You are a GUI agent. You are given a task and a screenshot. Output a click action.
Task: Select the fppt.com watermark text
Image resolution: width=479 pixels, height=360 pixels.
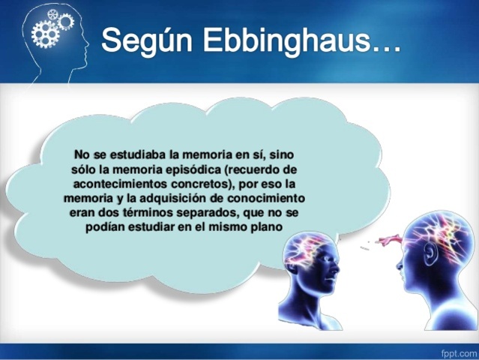(457, 351)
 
